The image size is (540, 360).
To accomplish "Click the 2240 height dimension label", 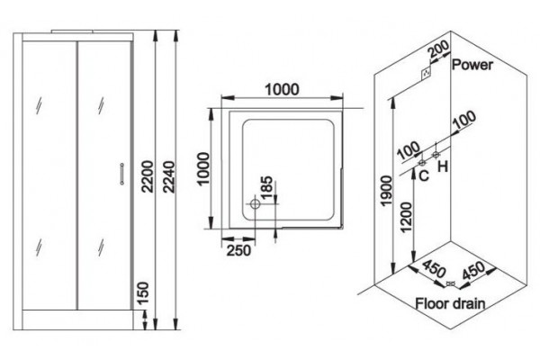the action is click(169, 176).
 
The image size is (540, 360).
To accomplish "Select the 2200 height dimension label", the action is click(148, 176).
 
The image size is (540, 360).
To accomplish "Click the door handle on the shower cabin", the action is click(121, 174).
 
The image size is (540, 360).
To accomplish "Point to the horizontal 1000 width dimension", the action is click(282, 90).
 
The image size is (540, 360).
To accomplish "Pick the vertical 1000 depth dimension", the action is click(203, 169).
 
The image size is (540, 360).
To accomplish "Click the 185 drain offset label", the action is click(267, 188).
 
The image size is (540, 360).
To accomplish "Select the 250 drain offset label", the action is click(238, 250).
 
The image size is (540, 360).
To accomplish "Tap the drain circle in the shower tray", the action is click(255, 203).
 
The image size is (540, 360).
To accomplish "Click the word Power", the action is click(472, 65).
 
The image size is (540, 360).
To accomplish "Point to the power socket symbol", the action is click(427, 73).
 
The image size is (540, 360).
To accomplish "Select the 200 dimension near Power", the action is click(438, 49).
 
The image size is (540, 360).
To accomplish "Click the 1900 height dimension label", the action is click(387, 191).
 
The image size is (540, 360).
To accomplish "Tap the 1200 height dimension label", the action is click(407, 218).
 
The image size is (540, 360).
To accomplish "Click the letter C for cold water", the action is click(424, 175).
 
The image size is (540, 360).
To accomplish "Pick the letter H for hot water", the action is click(443, 167).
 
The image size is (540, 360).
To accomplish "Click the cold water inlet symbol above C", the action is click(422, 163).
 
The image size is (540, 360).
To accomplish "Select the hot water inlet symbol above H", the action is click(436, 154).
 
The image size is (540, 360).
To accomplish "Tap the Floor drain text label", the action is click(450, 303).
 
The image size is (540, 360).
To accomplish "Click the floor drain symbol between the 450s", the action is click(451, 283).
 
